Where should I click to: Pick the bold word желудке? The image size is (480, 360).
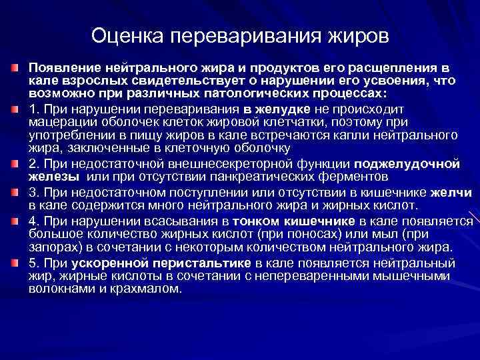click(x=277, y=109)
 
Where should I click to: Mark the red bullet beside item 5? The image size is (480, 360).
click(x=14, y=262)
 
